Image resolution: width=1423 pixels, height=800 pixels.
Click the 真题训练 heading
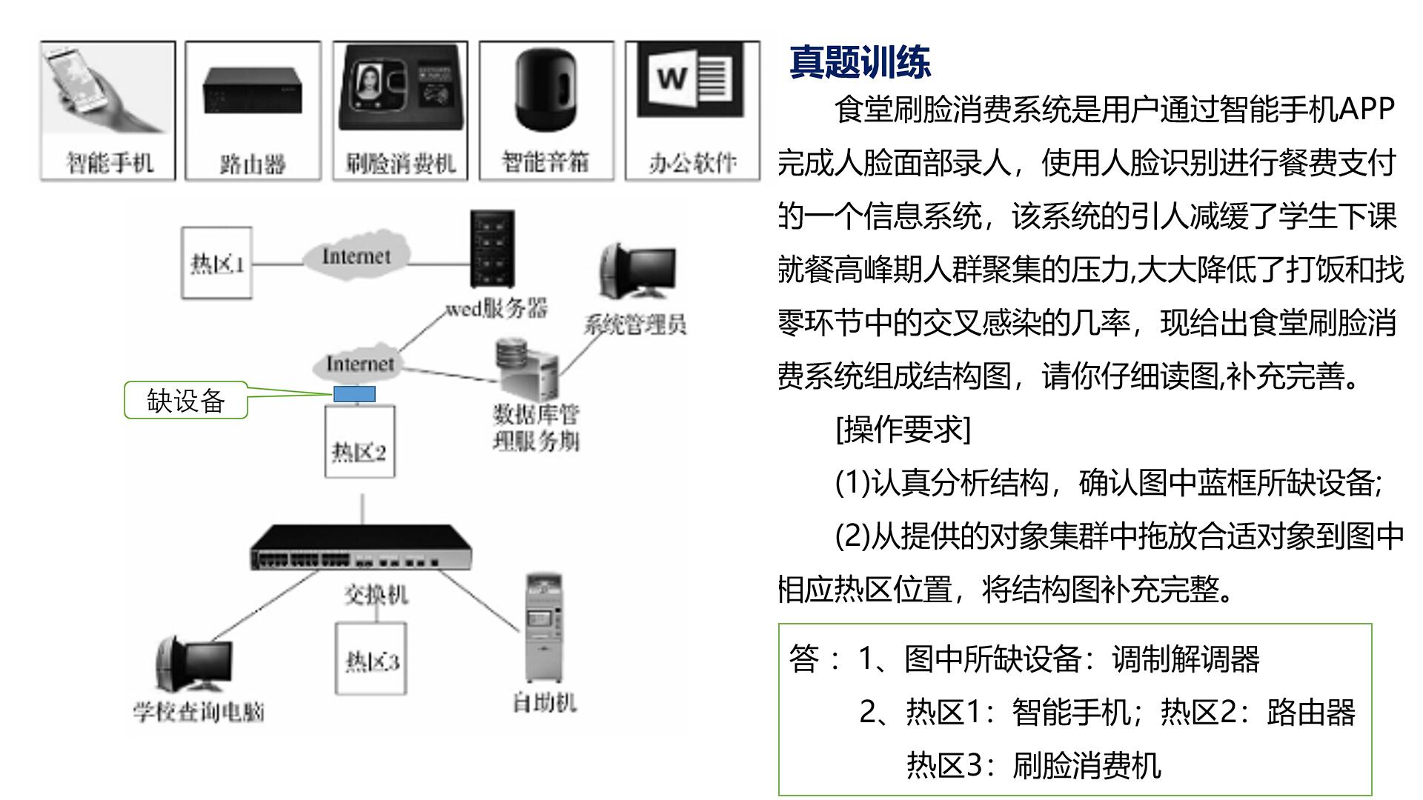pyautogui.click(x=860, y=62)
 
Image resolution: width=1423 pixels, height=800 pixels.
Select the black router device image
pyautogui.click(x=253, y=90)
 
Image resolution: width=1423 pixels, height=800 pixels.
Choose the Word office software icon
pyautogui.click(x=691, y=80)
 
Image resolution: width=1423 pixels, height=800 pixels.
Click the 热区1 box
pyautogui.click(x=217, y=263)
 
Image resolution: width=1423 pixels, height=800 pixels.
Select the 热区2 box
pyautogui.click(x=359, y=442)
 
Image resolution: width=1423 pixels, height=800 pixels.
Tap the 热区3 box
pyautogui.click(x=371, y=659)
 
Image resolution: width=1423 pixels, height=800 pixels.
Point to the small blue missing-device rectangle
pyautogui.click(x=354, y=395)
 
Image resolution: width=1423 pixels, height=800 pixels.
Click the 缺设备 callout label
pyautogui.click(x=185, y=401)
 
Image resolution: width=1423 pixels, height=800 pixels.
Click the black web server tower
pyautogui.click(x=492, y=250)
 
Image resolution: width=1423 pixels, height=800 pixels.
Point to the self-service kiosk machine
pyautogui.click(x=543, y=627)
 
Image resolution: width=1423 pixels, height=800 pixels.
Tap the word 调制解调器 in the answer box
pyautogui.click(x=1185, y=659)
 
